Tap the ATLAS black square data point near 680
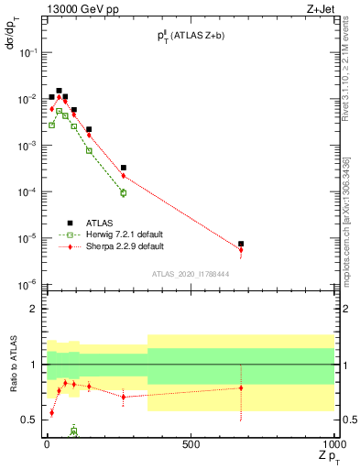[241, 245]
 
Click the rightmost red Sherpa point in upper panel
[241, 249]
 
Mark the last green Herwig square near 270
[123, 193]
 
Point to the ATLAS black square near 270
[123, 168]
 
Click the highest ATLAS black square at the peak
[59, 91]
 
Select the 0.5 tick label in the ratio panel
[30, 420]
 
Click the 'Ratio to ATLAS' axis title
[13, 365]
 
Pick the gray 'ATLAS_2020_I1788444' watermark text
[191, 272]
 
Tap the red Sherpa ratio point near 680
[241, 387]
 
